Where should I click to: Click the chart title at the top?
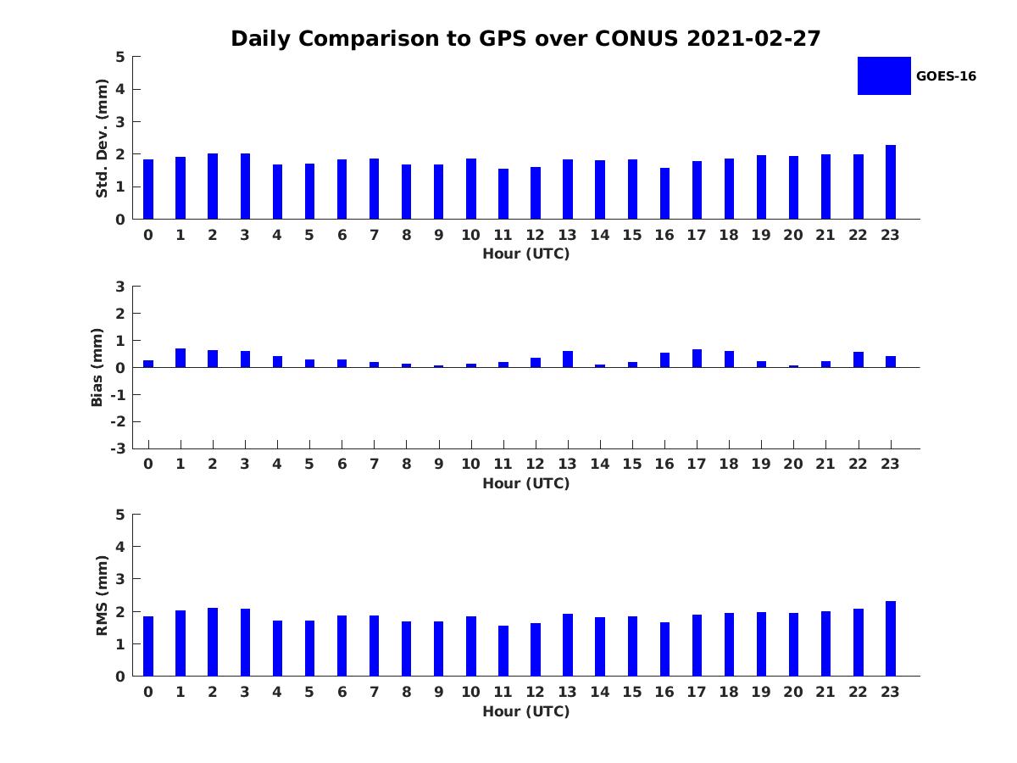[x=525, y=39]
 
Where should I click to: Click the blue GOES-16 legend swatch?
[x=884, y=76]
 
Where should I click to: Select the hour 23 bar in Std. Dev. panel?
[x=891, y=182]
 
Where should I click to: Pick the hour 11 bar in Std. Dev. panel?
[x=503, y=194]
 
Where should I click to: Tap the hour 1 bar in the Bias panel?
[x=181, y=358]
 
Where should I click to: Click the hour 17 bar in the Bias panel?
[x=697, y=359]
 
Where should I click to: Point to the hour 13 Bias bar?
[x=568, y=359]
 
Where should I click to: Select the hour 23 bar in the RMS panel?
[x=891, y=638]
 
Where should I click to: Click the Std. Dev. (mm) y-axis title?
[x=102, y=138]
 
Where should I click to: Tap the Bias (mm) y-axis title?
[x=97, y=368]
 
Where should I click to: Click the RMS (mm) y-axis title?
[x=102, y=595]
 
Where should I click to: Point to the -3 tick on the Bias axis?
[x=119, y=449]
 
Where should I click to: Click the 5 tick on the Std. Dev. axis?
[x=121, y=57]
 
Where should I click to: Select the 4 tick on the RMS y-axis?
[x=121, y=547]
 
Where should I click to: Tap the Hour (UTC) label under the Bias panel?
[x=525, y=484]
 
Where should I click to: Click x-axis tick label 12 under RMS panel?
[x=535, y=692]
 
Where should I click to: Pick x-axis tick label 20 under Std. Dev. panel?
[x=792, y=235]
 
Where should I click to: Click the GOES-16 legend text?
[x=946, y=76]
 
